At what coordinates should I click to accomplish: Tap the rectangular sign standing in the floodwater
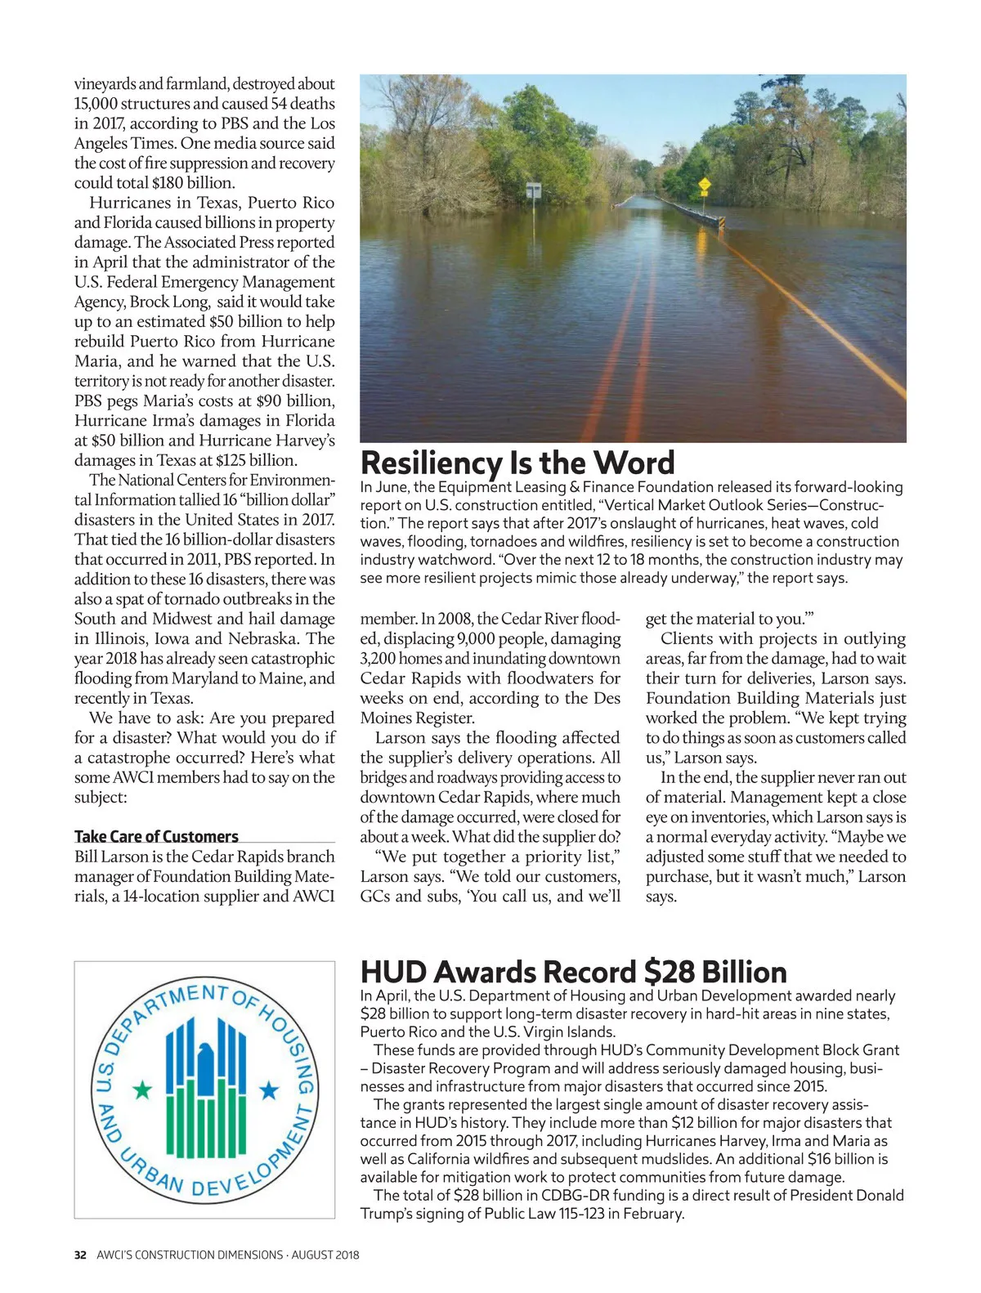click(x=534, y=190)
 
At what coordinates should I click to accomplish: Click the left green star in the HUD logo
click(x=143, y=1089)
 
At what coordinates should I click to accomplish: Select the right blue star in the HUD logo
click(x=268, y=1089)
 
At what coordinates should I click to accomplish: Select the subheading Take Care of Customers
click(x=156, y=836)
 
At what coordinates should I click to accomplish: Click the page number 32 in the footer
click(x=80, y=1255)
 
